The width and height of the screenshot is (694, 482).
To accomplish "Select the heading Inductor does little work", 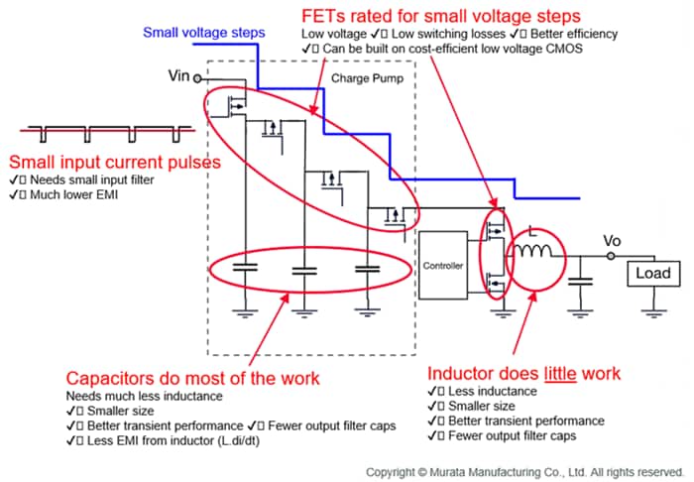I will click(x=523, y=374).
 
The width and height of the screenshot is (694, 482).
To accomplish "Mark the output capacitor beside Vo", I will click(x=583, y=282).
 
